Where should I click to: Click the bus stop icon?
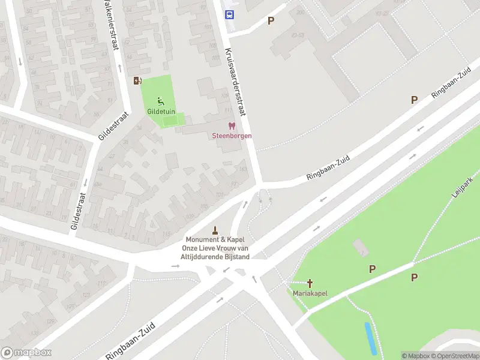229,14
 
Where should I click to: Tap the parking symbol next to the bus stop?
271,20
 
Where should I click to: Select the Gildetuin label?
161,111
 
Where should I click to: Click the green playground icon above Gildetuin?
160,101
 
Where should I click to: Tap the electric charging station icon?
138,81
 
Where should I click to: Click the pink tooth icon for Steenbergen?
232,126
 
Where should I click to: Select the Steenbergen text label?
232,136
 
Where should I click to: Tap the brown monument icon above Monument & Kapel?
215,230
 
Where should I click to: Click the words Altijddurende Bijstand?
215,257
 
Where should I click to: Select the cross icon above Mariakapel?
310,283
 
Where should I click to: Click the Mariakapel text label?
310,293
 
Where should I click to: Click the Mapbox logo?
26,353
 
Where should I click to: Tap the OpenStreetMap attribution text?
458,356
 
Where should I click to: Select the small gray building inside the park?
359,247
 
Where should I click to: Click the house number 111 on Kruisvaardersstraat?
228,111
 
